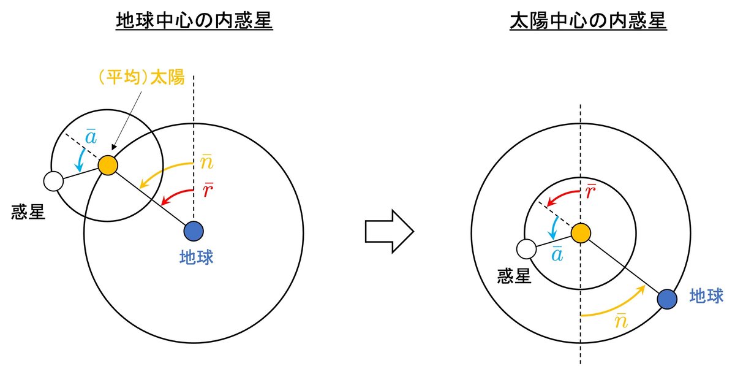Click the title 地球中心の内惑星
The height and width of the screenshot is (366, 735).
coord(194,23)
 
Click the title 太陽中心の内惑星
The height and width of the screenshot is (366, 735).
coord(588,23)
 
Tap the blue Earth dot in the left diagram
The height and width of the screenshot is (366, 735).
coord(194,232)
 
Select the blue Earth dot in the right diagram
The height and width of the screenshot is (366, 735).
coord(666,299)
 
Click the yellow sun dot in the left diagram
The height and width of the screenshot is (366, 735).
coord(108,166)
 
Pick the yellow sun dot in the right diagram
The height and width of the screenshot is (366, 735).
coord(580,232)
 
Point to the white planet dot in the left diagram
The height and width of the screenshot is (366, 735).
coord(53,181)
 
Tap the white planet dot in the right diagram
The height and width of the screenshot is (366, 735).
coord(526,249)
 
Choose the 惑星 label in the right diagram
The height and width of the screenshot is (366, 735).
coord(513,277)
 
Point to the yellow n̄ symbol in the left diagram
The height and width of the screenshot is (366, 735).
coord(206,163)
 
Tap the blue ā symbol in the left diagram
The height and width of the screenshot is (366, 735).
coord(89,138)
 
